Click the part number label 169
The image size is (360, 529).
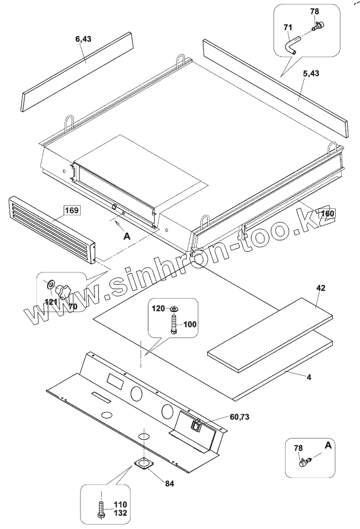tap(72, 210)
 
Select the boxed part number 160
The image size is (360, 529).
tap(327, 213)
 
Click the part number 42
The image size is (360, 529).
tap(321, 288)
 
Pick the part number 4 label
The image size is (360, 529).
tap(308, 377)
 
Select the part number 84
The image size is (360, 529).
tap(169, 483)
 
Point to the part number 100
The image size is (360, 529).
tap(190, 324)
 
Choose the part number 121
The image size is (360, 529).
tap(51, 301)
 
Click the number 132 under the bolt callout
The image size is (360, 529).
tap(121, 513)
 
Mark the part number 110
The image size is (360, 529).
tap(121, 505)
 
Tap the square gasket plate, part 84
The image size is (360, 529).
tap(143, 463)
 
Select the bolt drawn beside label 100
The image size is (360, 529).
tap(174, 324)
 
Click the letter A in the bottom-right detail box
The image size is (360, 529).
tap(328, 445)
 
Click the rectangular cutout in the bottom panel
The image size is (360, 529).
tap(116, 382)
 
